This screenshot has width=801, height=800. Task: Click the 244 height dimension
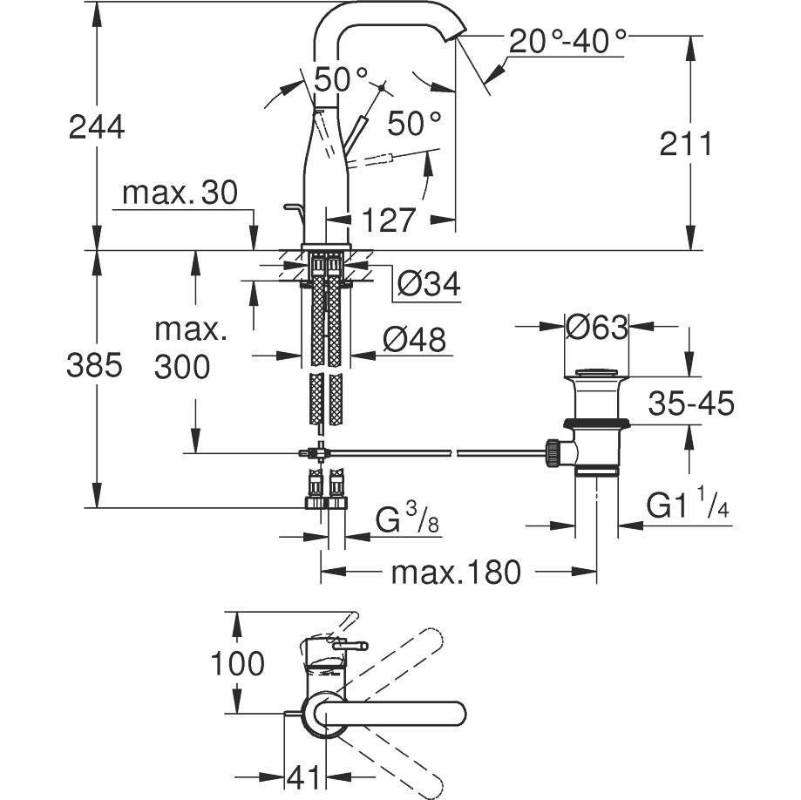97,127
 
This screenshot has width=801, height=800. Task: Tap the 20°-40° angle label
567,40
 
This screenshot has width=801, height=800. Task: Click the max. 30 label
180,193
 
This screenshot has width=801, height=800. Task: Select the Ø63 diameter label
596,328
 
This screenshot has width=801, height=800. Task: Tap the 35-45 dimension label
691,403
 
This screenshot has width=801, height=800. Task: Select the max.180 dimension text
455,573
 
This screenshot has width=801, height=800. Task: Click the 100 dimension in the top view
238,664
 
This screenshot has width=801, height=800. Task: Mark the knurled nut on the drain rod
551,451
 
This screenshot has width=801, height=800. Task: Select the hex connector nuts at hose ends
325,501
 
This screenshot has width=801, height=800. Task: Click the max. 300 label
182,349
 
